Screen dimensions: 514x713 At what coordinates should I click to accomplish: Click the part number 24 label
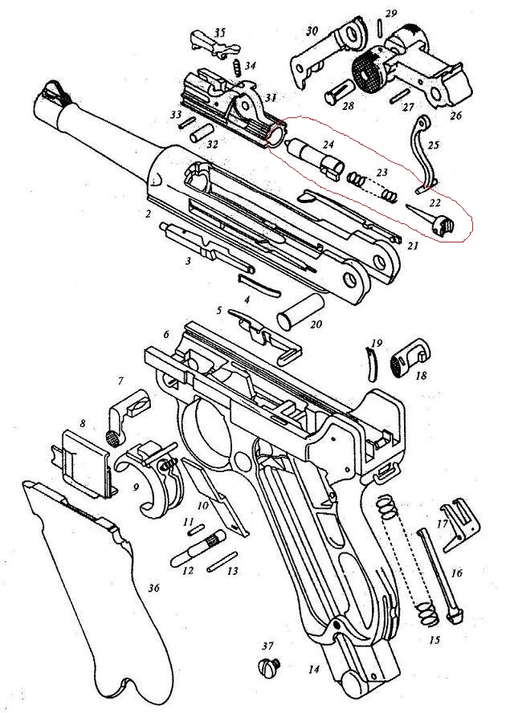328,145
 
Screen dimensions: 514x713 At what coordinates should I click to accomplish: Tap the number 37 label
268,646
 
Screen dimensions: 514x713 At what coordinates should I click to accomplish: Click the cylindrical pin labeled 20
300,312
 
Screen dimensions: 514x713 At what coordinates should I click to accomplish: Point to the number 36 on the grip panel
154,588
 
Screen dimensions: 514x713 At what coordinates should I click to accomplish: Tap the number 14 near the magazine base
313,669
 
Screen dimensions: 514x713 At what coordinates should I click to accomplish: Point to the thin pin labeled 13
222,560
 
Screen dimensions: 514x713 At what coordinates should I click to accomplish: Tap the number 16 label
456,573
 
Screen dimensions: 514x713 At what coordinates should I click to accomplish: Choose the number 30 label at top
312,31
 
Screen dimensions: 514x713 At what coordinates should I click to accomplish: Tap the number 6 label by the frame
166,334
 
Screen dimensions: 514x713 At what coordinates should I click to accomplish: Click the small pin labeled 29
380,26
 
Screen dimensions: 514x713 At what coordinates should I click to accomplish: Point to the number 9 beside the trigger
136,488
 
